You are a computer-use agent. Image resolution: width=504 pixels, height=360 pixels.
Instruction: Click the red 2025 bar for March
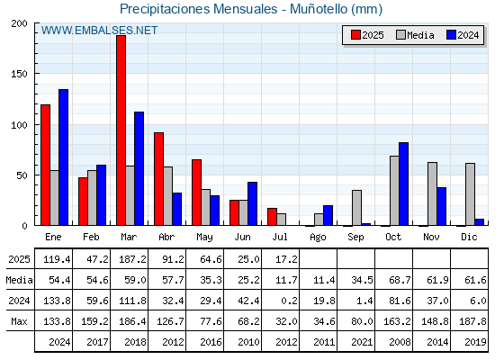[121, 130]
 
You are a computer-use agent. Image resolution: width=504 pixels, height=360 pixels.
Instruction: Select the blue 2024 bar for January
[63, 157]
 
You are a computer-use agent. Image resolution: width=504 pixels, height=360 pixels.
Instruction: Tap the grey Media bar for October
[394, 191]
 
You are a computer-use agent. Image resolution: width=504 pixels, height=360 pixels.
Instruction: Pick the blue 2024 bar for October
[404, 184]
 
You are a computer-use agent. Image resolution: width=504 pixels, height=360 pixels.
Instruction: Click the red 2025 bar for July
[272, 217]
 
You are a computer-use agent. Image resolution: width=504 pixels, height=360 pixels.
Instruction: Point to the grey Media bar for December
[470, 194]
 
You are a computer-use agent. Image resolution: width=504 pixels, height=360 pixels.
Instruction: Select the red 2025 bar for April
[158, 179]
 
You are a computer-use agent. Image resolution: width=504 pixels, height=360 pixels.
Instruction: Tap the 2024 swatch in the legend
[451, 35]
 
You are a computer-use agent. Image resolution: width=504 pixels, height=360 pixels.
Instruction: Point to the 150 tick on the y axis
[19, 74]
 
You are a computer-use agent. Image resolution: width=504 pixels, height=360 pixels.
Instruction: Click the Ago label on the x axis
[318, 238]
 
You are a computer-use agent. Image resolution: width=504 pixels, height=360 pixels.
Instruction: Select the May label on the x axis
[204, 238]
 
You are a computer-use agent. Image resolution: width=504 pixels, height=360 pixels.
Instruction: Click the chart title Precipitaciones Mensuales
[198, 9]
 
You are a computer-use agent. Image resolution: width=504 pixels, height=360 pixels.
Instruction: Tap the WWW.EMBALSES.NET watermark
[99, 31]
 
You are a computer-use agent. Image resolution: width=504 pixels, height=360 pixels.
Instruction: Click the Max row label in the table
[19, 321]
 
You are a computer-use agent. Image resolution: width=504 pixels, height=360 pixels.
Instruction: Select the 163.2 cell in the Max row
[397, 321]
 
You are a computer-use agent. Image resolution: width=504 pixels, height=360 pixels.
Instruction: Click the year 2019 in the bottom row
[475, 342]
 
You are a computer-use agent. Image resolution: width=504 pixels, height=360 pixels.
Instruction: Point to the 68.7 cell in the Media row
[400, 280]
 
